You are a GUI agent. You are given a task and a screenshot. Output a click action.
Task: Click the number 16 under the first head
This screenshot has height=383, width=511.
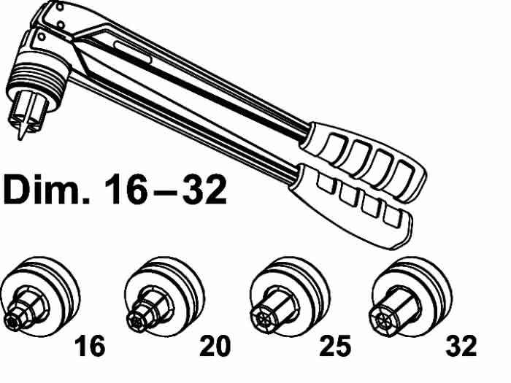coord(90,346)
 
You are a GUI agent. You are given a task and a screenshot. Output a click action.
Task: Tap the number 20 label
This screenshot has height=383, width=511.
coord(215,346)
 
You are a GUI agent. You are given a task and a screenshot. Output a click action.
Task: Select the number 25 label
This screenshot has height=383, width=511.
coord(335,346)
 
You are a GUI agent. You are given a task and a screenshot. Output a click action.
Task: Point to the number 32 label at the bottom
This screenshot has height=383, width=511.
coord(461,346)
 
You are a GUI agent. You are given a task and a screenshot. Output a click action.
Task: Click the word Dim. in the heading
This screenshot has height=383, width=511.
coord(46,189)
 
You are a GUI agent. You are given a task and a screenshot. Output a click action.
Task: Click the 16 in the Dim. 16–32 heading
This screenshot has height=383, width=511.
coord(126,189)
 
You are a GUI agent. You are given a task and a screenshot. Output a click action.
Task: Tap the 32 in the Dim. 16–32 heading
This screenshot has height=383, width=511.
coord(204,189)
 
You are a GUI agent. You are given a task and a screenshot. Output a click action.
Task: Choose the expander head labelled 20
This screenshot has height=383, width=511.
coord(164,297)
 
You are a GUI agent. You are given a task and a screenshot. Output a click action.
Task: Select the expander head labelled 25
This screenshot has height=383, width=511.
coord(290,297)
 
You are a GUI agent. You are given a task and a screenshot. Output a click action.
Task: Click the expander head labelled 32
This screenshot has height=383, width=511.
coord(411,297)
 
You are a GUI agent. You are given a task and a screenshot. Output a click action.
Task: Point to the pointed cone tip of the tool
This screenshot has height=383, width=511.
coord(22,131)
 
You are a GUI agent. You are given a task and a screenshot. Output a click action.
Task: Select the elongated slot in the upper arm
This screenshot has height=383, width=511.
coord(133,52)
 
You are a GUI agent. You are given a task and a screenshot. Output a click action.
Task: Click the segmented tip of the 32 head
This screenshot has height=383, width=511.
coord(382,322)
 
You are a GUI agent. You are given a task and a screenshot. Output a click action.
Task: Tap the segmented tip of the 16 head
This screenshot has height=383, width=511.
coord(13,322)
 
